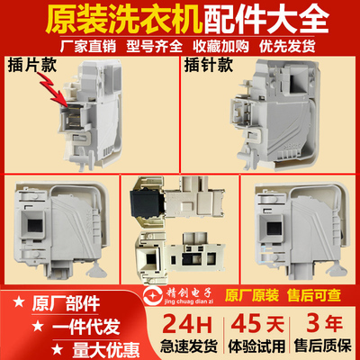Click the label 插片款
click(34, 68)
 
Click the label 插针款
click(211, 68)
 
